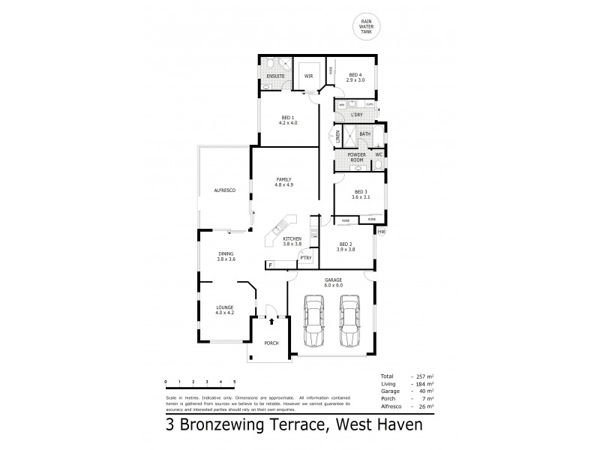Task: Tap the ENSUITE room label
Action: pyautogui.click(x=274, y=76)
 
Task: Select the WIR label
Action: pyautogui.click(x=307, y=76)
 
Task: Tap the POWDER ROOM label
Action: pyautogui.click(x=357, y=158)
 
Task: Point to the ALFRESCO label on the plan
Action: pyautogui.click(x=224, y=190)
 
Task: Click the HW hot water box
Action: pyautogui.click(x=381, y=231)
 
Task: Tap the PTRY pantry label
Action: pyautogui.click(x=306, y=258)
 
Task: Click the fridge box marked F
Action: pyautogui.click(x=268, y=265)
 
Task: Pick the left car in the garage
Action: pyautogui.click(x=313, y=320)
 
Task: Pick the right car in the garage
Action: pyautogui.click(x=349, y=320)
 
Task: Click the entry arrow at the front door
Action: pyautogui.click(x=271, y=320)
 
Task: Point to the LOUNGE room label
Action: pyautogui.click(x=224, y=309)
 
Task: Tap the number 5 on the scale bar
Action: pyautogui.click(x=235, y=382)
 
